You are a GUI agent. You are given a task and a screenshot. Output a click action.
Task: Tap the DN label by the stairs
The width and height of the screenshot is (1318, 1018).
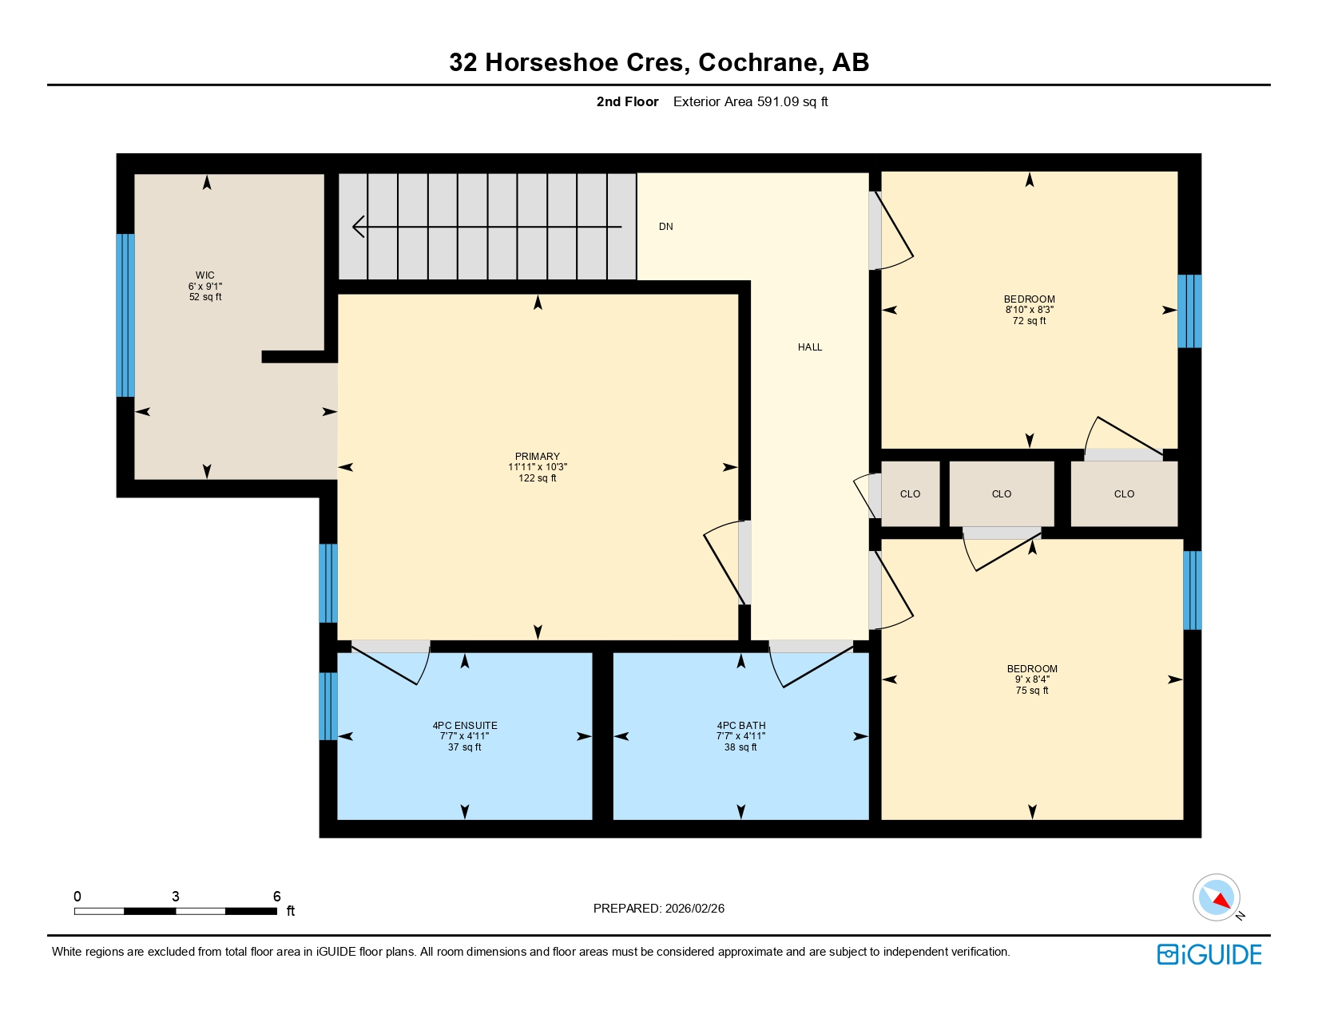pyautogui.click(x=665, y=227)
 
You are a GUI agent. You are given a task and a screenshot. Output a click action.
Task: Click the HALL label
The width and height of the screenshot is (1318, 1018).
pyautogui.click(x=809, y=347)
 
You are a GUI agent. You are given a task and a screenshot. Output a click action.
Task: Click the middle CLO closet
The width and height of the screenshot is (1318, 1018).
pyautogui.click(x=1001, y=494)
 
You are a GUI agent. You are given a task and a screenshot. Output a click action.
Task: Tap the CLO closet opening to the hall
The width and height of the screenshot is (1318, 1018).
pyautogui.click(x=910, y=494)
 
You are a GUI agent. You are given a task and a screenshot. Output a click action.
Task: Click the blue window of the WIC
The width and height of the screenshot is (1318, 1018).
pyautogui.click(x=125, y=315)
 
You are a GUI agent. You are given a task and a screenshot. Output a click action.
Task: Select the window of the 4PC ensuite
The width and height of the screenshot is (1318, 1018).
pyautogui.click(x=328, y=706)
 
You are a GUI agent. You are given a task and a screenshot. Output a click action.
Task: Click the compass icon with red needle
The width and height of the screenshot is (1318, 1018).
pyautogui.click(x=1216, y=897)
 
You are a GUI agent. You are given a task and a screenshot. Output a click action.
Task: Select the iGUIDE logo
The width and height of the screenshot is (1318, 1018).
pyautogui.click(x=1209, y=954)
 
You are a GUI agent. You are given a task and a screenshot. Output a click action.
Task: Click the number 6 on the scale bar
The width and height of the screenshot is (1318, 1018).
pyautogui.click(x=276, y=897)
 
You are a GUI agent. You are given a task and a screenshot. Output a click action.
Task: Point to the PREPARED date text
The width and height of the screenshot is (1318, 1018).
pyautogui.click(x=658, y=909)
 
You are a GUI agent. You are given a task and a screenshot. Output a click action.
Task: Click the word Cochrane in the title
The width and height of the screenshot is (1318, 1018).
pyautogui.click(x=760, y=62)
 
